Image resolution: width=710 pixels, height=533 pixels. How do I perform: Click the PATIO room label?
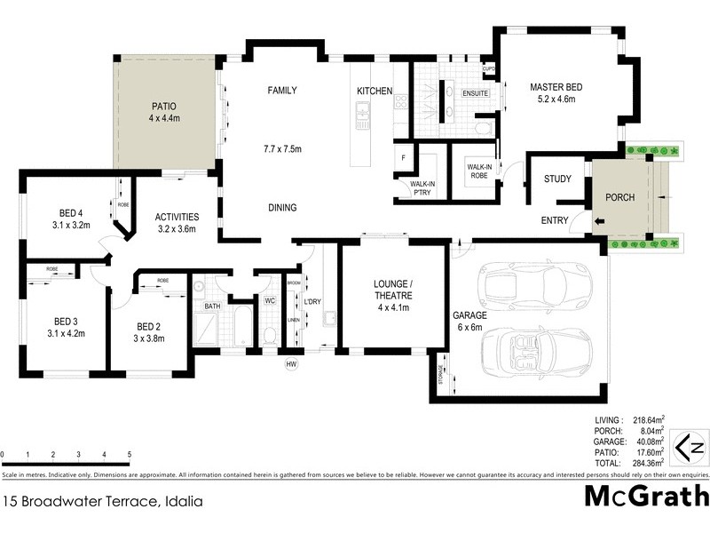pyautogui.click(x=164, y=105)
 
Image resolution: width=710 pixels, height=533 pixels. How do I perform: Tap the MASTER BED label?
pyautogui.click(x=556, y=87)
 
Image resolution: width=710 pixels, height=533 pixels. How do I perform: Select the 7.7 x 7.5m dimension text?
pyautogui.click(x=282, y=148)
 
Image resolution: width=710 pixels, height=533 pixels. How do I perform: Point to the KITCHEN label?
pyautogui.click(x=375, y=91)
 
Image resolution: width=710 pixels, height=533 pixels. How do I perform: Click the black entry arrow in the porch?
pyautogui.click(x=598, y=221)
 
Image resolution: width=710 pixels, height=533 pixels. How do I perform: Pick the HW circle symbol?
pyautogui.click(x=290, y=363)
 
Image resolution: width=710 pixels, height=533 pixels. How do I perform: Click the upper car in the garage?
pyautogui.click(x=523, y=284)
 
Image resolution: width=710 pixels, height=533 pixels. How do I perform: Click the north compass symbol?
pyautogui.click(x=690, y=446)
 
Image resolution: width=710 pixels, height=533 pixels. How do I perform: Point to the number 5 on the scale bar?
pyautogui.click(x=130, y=455)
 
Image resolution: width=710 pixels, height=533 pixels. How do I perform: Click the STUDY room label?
pyautogui.click(x=557, y=179)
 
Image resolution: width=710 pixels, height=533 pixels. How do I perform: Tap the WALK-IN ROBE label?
pyautogui.click(x=478, y=171)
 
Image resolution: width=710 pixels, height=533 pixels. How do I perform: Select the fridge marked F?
pyautogui.click(x=403, y=158)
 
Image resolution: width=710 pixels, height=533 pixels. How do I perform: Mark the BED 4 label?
pyautogui.click(x=72, y=213)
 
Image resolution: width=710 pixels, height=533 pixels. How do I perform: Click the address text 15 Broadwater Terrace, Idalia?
pyautogui.click(x=102, y=501)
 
